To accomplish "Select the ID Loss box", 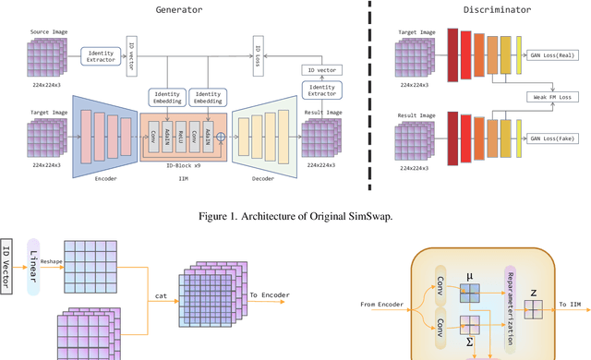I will click(259, 47).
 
